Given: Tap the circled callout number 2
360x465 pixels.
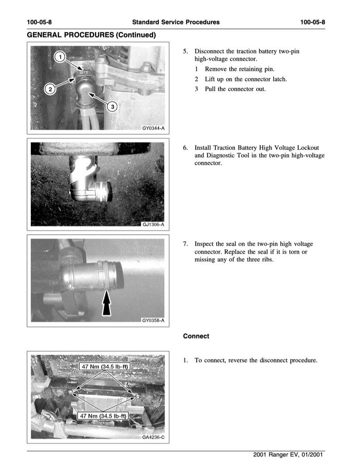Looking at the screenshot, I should point(51,89).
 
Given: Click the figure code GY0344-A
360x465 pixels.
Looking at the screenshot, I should point(153,128).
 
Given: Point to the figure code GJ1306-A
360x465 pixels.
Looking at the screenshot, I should point(153,224).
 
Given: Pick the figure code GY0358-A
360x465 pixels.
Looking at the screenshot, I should point(153,320).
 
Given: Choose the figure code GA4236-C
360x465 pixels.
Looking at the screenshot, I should point(153,437).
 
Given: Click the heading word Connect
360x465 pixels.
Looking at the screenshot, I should point(196,336).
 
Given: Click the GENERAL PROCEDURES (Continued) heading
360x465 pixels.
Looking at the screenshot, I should point(91,35).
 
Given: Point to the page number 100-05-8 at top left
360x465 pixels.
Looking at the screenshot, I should point(39,22).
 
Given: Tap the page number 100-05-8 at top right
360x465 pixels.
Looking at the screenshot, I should point(313,22).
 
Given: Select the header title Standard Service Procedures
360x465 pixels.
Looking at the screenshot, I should point(176,22).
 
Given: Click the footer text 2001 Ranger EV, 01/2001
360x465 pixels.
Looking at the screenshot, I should point(289,455).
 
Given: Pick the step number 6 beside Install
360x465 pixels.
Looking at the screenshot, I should point(185,148).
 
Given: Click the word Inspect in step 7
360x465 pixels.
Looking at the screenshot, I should point(204,244).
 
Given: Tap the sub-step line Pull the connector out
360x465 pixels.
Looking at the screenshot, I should point(235,89).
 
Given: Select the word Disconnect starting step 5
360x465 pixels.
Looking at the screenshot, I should point(209,51).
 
